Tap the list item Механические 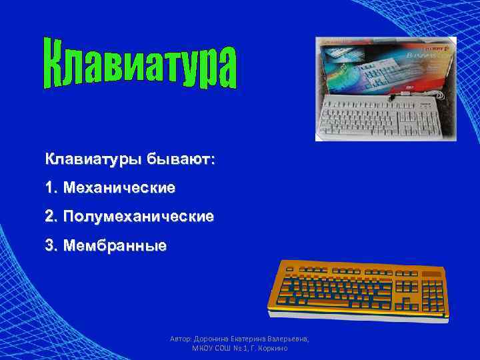(x=120, y=188)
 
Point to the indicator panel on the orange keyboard (x=432, y=273)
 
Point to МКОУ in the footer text (x=204, y=349)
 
